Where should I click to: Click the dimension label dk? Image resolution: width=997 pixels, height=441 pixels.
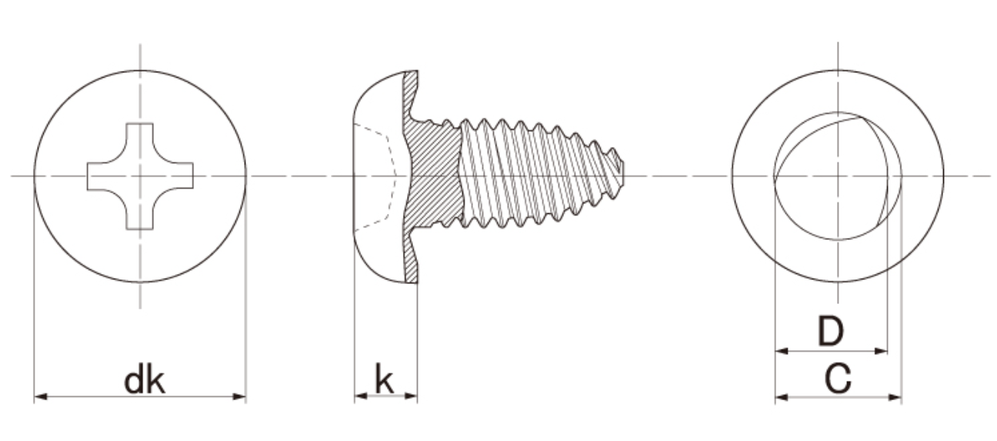coord(144,381)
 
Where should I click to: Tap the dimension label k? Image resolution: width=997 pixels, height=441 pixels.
coord(384,379)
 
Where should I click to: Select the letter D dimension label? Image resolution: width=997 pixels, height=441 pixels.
coord(831,331)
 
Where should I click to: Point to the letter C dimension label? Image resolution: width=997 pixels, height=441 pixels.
coord(838,379)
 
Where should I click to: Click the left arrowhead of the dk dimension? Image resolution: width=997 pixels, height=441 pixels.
coord(41,396)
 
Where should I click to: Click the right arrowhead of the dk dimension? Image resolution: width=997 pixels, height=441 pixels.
coord(239,396)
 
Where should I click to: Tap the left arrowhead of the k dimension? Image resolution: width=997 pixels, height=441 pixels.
coord(361,396)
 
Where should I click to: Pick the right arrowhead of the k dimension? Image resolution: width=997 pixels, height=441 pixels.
coord(411,396)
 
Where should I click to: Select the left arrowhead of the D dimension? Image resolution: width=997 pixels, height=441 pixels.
coord(782,351)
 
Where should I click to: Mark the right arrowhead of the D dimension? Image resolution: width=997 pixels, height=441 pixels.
coord(881,351)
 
